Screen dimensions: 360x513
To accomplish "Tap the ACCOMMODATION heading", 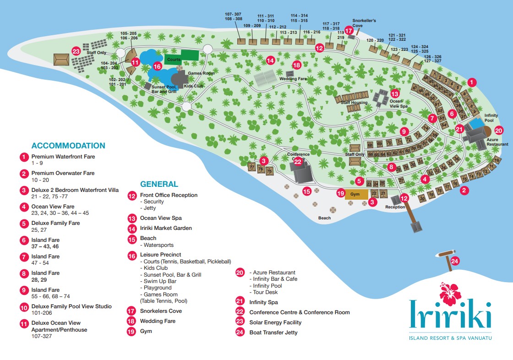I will click(68, 146).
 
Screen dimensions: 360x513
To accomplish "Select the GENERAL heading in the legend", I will click(159, 184).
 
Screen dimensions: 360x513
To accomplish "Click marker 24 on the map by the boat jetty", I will click(454, 262).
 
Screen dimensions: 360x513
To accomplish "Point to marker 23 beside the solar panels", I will click(76, 51).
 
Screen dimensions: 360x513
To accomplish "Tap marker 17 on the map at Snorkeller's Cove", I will click(349, 31).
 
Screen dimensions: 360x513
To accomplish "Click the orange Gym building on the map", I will click(356, 194).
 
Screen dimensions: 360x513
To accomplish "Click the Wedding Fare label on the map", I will click(296, 79).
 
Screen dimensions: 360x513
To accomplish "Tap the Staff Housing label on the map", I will click(356, 103).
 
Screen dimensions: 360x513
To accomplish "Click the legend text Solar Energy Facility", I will click(275, 322).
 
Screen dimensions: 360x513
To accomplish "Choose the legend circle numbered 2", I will click(24, 174).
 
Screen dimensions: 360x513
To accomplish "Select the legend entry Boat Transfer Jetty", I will click(273, 333).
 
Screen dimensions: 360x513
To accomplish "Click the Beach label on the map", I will click(324, 218).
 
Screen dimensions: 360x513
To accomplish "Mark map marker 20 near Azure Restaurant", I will click(499, 130).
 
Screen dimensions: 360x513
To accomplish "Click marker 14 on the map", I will click(270, 60).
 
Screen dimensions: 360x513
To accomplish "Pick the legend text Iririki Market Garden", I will click(166, 228).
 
